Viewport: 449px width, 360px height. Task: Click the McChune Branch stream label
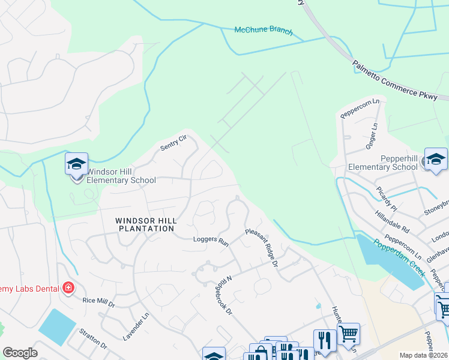264,31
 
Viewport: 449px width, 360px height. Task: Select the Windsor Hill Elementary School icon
76,164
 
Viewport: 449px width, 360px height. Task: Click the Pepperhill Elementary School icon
436,160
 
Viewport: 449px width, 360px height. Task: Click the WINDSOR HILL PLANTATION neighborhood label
146,224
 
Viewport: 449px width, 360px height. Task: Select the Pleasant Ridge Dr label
262,247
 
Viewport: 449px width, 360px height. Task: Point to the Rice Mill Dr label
98,301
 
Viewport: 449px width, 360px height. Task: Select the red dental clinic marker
68,288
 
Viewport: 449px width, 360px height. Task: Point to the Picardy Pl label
387,197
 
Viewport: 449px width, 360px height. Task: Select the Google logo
20,353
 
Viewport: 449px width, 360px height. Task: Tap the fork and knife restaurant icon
324,340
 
